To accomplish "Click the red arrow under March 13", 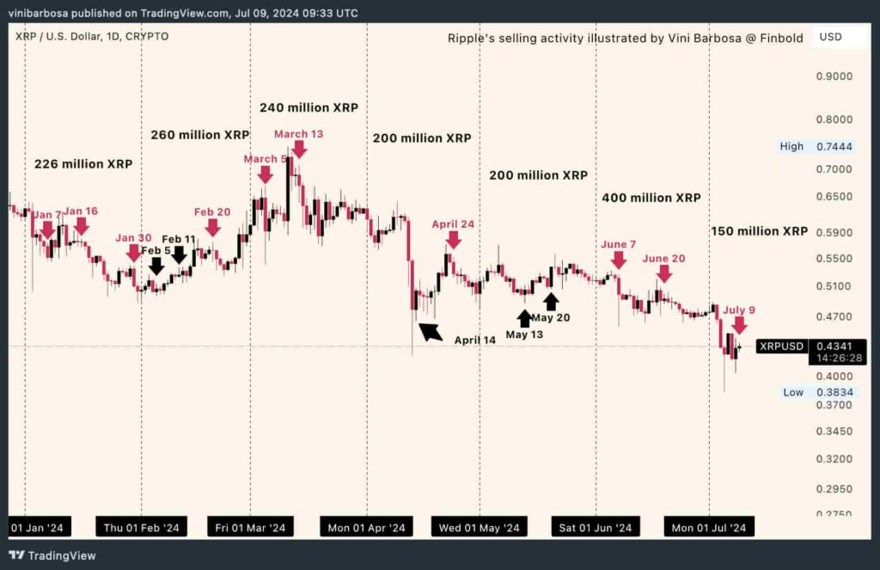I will [x=298, y=149].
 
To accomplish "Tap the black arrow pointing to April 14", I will [x=430, y=331].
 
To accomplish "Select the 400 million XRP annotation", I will [x=651, y=198].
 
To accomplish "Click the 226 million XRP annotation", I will [x=83, y=164].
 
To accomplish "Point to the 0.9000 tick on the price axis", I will [x=833, y=77].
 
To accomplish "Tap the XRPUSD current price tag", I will [x=782, y=346].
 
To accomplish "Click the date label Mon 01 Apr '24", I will [x=366, y=527].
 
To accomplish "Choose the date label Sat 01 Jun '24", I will [x=596, y=527].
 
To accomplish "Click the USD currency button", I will [x=831, y=37].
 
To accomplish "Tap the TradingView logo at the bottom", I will [x=52, y=555].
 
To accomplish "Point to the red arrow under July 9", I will [x=739, y=325].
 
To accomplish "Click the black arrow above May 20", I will [x=551, y=301].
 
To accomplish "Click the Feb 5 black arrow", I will [x=156, y=266].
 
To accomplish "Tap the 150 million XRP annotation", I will [x=759, y=231].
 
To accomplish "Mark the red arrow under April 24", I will [x=453, y=239].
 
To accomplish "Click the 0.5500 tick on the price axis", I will [x=833, y=259].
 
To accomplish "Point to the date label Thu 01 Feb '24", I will [x=141, y=527].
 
